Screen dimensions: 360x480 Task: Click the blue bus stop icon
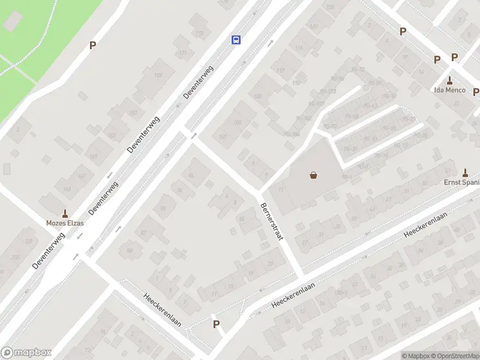point(236,40)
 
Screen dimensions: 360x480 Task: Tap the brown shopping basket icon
point(313,175)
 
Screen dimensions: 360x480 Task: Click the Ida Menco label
point(449,91)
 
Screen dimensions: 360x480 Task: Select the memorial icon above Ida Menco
point(449,80)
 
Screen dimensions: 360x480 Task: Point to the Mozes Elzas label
point(65,223)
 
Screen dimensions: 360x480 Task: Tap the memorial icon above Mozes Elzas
point(65,213)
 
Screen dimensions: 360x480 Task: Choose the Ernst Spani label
point(461,182)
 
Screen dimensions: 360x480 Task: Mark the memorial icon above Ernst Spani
point(465,172)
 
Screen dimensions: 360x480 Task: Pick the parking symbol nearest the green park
point(92,45)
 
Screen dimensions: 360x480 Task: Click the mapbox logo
point(26,353)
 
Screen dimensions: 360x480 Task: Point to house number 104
point(238,122)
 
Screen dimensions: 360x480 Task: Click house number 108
point(258,96)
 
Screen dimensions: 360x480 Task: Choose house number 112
point(280,70)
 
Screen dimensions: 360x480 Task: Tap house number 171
point(183,53)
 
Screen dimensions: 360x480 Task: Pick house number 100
point(223,137)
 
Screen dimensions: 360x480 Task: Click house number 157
point(133,113)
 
